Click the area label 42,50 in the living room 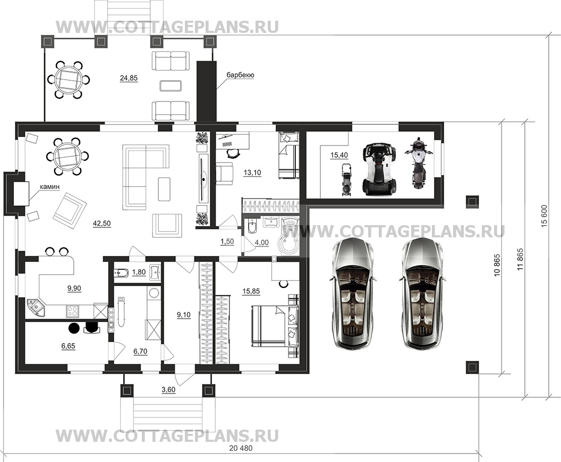(101, 224)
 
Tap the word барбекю (240, 75)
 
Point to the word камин (49, 187)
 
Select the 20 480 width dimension (241, 448)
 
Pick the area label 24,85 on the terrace (129, 78)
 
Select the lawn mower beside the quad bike (346, 179)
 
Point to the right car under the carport (421, 294)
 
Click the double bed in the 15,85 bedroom (275, 326)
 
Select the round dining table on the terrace (67, 79)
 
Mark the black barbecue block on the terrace (207, 92)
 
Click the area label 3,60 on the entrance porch (168, 390)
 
